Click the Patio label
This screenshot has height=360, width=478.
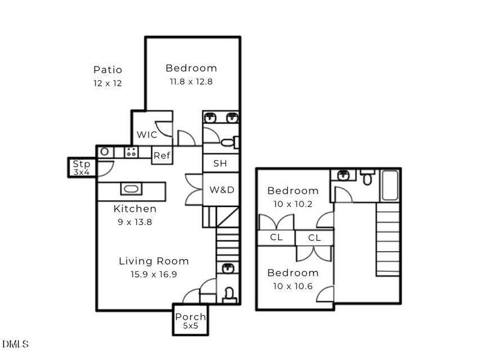107,70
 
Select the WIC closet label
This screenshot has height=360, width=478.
147,134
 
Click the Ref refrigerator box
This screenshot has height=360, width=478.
162,156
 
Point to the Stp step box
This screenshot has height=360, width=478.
81,167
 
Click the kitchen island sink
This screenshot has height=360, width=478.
132,189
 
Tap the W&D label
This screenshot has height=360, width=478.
222,190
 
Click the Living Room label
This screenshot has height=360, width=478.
154,261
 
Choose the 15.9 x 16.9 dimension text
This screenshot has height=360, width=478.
154,274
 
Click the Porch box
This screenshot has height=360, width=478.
190,320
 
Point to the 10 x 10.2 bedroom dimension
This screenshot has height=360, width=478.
293,203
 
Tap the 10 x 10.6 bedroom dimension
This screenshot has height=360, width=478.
293,286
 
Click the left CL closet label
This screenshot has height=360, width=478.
276,238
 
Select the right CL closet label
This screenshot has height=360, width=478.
315,238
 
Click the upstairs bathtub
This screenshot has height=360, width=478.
391,186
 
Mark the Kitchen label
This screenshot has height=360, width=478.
135,209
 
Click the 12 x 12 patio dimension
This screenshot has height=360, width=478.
107,83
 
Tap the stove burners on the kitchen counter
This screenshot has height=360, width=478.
131,152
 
